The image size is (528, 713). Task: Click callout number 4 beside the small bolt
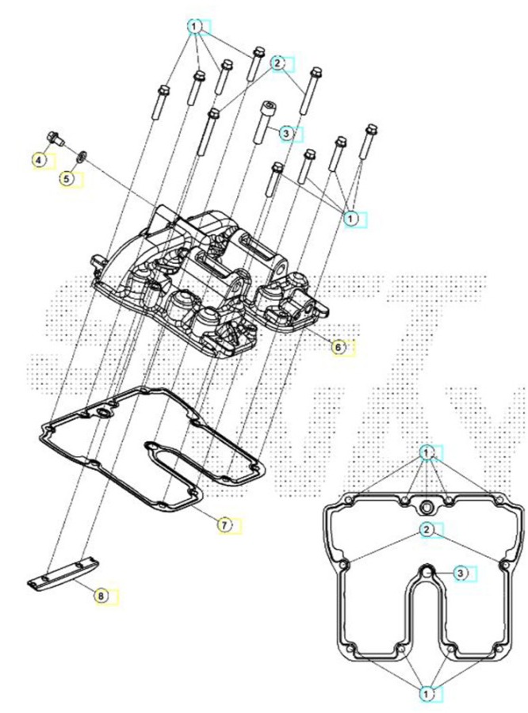(x=39, y=160)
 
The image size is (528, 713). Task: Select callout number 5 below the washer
(x=67, y=179)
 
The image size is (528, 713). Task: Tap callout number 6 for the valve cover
(x=338, y=348)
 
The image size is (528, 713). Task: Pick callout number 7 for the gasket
(x=224, y=525)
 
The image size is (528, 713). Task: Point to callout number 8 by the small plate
(x=101, y=595)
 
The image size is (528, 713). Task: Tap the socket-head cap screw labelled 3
(x=264, y=122)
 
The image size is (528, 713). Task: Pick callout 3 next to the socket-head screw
(x=286, y=133)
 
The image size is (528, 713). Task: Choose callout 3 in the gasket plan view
(x=460, y=574)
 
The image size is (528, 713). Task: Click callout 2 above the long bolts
(x=277, y=63)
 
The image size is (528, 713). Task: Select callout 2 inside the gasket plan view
(x=426, y=529)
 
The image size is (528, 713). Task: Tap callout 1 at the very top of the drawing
(x=194, y=27)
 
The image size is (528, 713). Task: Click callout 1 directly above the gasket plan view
(x=426, y=453)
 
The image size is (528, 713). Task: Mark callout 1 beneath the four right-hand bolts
(x=350, y=219)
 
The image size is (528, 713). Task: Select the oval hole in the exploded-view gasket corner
(x=104, y=413)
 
